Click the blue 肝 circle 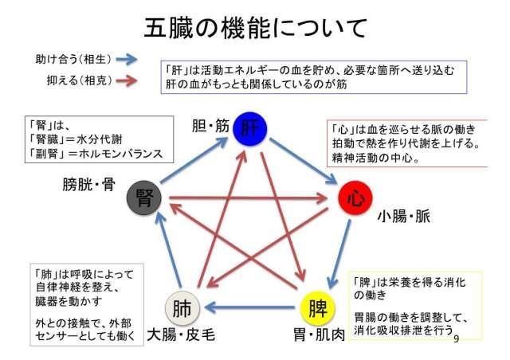250,129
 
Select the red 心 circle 355,198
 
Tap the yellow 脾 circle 317,308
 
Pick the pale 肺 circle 182,308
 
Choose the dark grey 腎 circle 144,198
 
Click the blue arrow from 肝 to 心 303,162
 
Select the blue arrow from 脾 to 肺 249,307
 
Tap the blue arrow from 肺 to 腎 168,249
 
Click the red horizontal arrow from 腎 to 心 249,198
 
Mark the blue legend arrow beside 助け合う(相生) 127,59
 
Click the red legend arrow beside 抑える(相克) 127,80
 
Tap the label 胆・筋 210,126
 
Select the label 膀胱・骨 88,185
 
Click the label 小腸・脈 404,217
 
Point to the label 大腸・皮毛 181,335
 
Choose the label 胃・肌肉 319,335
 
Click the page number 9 456,338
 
